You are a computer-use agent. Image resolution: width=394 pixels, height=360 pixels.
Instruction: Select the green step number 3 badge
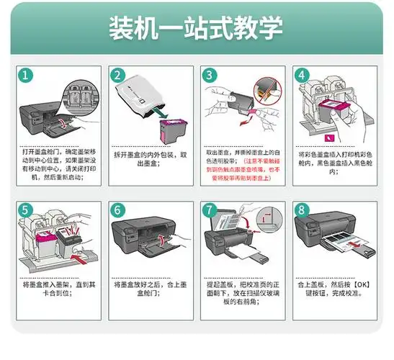(210, 75)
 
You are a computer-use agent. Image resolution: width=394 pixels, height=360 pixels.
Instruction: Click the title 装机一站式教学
(196, 30)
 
